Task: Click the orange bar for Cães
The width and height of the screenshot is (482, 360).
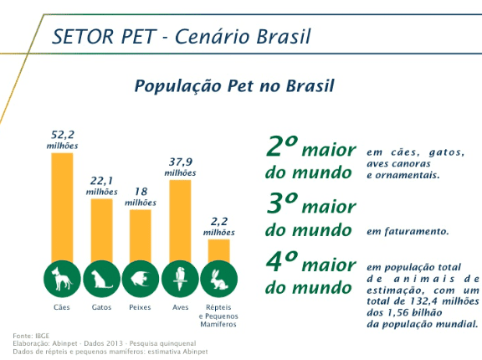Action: pos(62,208)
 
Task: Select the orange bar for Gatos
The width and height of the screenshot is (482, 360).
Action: pos(101,231)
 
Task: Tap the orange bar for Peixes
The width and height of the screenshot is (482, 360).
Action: pos(141,236)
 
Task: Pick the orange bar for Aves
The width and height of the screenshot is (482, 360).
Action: pos(180,221)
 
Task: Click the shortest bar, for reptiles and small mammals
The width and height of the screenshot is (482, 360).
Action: pos(219,251)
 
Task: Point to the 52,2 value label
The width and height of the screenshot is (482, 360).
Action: pos(63,135)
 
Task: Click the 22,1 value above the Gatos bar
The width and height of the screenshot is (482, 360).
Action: pos(102,181)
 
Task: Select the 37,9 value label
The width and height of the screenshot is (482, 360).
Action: pos(181,162)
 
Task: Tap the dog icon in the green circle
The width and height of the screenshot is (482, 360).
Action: pos(62,279)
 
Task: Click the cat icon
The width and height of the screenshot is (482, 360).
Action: pos(101,279)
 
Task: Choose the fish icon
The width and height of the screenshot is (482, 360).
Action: pos(141,279)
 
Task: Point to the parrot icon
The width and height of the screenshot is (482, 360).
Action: pos(180,279)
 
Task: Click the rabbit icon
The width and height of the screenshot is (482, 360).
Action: pos(219,279)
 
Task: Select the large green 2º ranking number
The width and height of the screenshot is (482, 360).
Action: pos(282,146)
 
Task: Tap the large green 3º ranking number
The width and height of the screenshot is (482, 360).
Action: pos(282,203)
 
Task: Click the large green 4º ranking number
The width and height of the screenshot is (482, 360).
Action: pos(282,261)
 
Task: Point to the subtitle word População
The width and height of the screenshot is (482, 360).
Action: pos(178,86)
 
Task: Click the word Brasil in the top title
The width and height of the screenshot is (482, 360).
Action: pos(284,37)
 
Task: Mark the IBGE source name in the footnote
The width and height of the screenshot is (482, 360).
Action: pos(43,336)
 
